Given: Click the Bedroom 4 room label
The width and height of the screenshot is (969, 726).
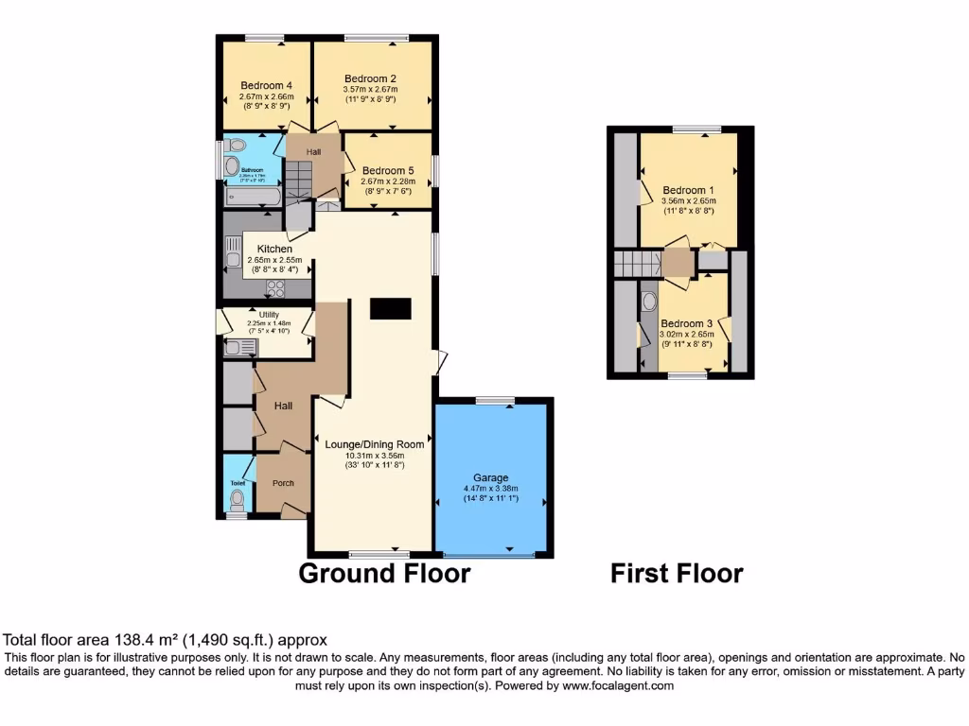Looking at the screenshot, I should (266, 85).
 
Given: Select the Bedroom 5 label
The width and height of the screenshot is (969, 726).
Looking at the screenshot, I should (388, 171).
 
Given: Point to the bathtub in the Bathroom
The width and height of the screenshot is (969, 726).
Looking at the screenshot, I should (252, 198).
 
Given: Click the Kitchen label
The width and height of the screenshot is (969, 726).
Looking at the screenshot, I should (274, 250).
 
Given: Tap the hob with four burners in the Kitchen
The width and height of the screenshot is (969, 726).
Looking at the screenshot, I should (276, 288).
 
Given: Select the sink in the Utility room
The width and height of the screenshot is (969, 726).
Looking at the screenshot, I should (234, 348).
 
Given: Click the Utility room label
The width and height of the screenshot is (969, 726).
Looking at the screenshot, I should (270, 315).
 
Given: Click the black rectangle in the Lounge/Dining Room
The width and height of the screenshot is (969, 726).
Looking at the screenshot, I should (391, 308).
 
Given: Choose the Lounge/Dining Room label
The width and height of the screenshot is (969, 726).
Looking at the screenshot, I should (374, 444).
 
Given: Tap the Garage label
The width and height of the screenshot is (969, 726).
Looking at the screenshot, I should (490, 478).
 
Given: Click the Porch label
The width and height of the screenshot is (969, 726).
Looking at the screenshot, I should (283, 483).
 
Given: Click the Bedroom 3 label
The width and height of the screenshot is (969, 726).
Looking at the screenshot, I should (686, 323).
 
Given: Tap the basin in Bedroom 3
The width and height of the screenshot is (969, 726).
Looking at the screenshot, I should (649, 304).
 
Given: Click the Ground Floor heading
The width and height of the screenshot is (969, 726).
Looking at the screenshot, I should (384, 573).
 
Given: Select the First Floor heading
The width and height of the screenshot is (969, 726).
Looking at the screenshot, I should (677, 573).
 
